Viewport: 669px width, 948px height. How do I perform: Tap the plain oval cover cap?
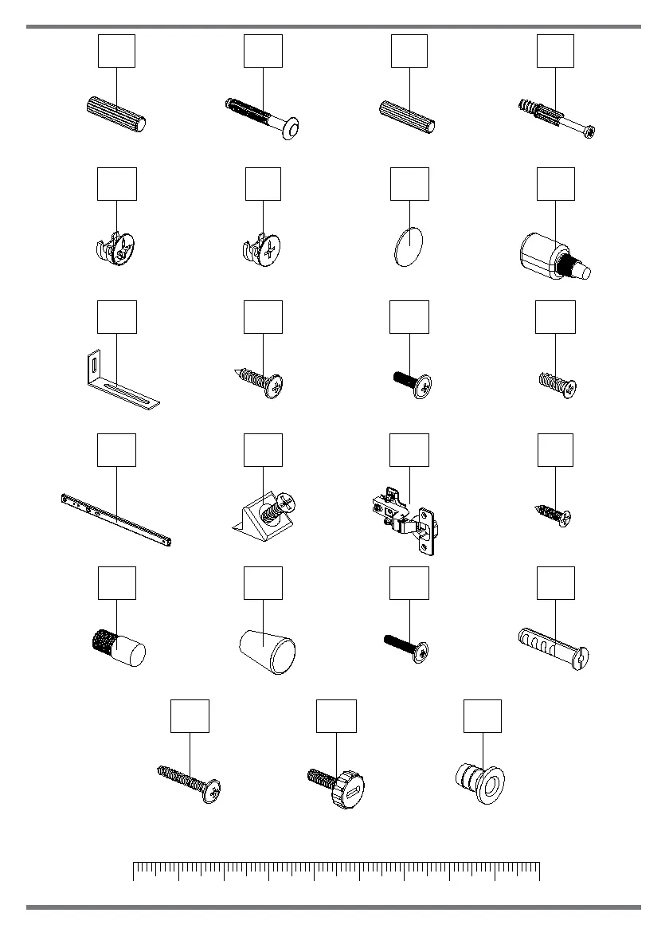[x=409, y=244]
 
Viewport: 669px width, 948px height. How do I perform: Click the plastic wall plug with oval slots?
[x=554, y=646]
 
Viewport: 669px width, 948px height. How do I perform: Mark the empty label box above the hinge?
[x=409, y=450]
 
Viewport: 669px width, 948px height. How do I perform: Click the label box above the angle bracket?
[x=117, y=317]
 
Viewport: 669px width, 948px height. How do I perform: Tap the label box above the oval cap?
[x=409, y=184]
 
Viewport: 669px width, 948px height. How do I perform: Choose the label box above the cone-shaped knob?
[x=263, y=583]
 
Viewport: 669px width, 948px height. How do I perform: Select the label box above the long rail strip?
[x=117, y=450]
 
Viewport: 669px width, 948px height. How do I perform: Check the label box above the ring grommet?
[x=483, y=716]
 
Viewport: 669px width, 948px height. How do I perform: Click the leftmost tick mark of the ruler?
[x=133, y=871]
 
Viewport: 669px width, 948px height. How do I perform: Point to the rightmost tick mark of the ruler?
[x=540, y=871]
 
